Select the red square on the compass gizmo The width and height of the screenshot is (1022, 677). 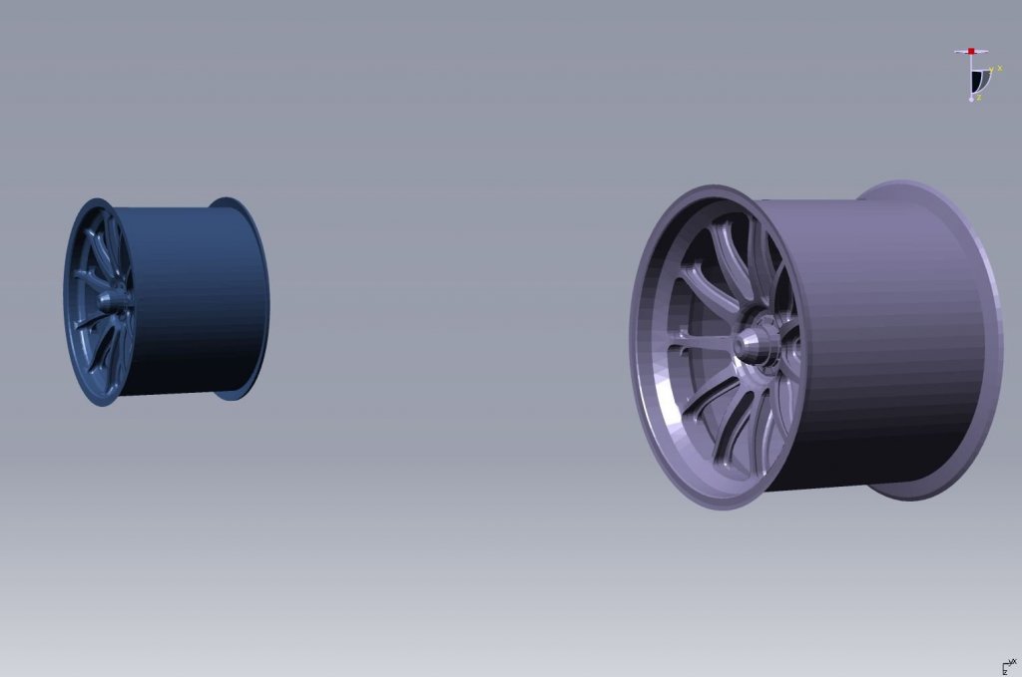pyautogui.click(x=971, y=51)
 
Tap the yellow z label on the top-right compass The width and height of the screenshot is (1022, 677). pyautogui.click(x=979, y=97)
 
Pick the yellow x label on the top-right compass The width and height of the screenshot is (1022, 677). pyautogui.click(x=999, y=67)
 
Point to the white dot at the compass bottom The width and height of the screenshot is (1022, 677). pyautogui.click(x=972, y=99)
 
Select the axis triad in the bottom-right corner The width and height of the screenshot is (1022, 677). pyautogui.click(x=1008, y=666)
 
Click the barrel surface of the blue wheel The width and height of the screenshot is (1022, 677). pyautogui.click(x=190, y=299)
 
